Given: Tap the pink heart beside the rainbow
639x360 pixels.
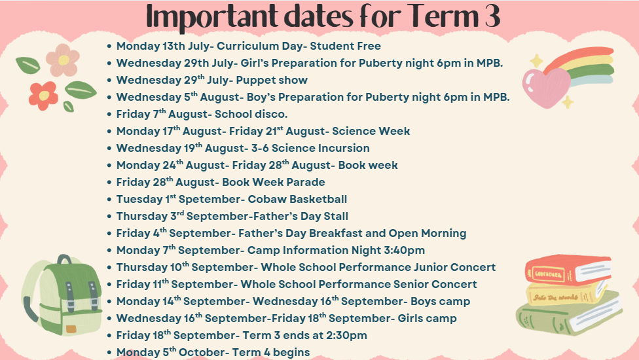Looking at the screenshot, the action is [x=546, y=88].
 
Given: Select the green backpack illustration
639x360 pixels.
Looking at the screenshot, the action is [x=62, y=295].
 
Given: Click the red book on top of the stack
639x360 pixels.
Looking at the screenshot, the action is [x=568, y=270].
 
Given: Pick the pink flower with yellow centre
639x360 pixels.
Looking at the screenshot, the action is [x=63, y=60].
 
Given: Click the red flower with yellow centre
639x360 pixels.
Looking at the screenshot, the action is [x=43, y=96].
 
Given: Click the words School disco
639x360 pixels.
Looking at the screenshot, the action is [x=251, y=114].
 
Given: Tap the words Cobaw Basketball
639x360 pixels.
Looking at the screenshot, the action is [x=297, y=199].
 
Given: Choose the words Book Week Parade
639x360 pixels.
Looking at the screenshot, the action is [x=274, y=182].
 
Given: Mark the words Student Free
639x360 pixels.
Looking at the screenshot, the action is [x=346, y=46].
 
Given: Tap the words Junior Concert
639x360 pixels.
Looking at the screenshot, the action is [x=455, y=267].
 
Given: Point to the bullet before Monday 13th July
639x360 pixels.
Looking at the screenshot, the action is [x=109, y=46].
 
